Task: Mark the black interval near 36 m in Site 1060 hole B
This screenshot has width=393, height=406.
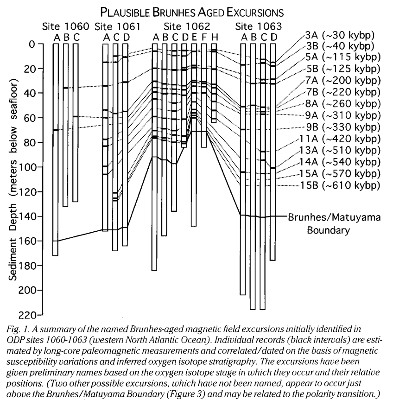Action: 65,88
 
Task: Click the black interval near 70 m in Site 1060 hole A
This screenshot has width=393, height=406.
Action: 55,130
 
